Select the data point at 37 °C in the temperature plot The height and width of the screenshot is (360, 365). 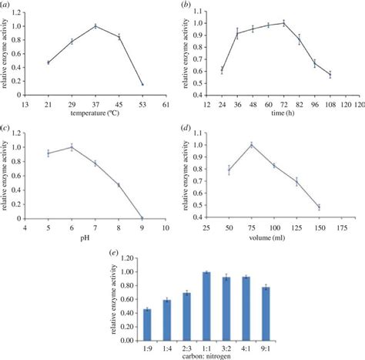click(x=95, y=26)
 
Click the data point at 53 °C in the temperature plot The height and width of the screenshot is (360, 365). click(x=142, y=84)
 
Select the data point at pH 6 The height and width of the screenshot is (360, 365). click(x=72, y=147)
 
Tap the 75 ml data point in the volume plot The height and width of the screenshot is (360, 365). click(x=250, y=144)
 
